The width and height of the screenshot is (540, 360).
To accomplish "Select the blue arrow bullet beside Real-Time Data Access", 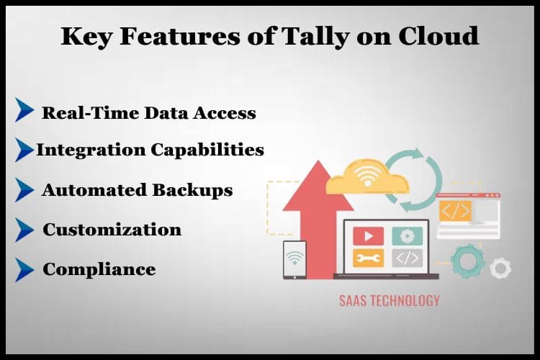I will (24, 110).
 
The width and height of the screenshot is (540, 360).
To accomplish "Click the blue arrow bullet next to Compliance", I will (24, 269).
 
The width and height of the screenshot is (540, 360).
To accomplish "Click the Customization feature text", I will (112, 230).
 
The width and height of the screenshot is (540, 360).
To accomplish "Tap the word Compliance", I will (99, 269).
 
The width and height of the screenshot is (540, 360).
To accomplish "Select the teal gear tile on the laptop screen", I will (407, 235).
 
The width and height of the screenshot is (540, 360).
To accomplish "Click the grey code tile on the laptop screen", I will (407, 257).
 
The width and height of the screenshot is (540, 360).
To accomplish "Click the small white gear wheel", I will (500, 269).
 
